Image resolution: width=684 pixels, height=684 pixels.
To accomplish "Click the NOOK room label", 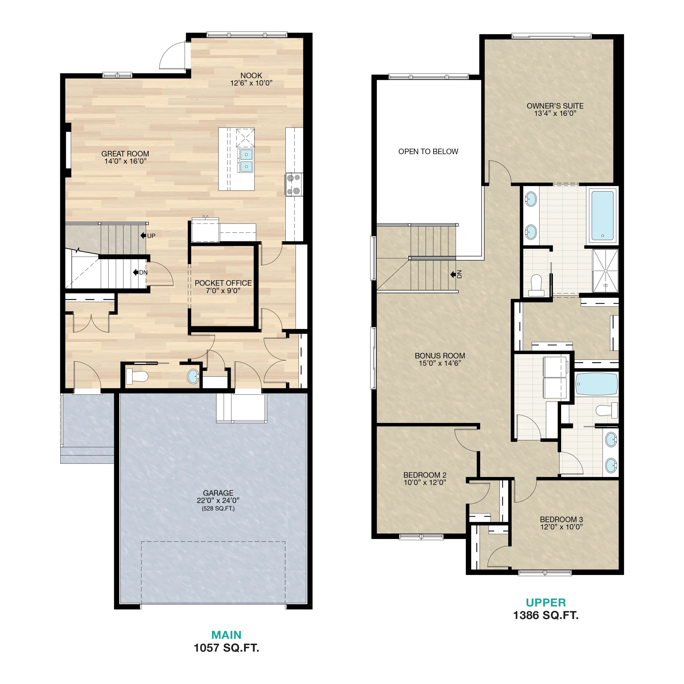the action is pos(251,75).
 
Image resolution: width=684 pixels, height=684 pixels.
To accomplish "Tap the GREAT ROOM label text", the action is pos(125,154).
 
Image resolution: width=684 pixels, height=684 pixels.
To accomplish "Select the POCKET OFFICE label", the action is pos(223,283).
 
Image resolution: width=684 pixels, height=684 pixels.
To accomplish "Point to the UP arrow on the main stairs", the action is pos(143,235).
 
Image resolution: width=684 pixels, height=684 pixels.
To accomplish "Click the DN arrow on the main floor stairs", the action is pos(135,272).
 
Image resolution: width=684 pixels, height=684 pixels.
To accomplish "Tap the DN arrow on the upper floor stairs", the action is pos(453,274).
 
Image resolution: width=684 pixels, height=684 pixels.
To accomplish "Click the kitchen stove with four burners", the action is pos(294,184).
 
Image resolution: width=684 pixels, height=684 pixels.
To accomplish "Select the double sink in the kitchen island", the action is pos(245,160).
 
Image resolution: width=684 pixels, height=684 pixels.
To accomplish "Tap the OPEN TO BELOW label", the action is pos(428,151).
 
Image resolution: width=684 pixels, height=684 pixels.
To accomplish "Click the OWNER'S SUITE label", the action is pos(555,106).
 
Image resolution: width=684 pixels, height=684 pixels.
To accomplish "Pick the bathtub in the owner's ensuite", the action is pos(603,216).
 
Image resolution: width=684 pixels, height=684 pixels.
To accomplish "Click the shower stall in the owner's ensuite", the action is pos(605,271).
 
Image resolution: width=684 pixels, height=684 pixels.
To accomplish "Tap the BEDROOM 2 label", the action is pos(425,475).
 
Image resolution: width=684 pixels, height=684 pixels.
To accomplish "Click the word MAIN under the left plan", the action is pos(227,635).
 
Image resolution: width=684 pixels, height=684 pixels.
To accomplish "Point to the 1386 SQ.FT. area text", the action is pos(546,615).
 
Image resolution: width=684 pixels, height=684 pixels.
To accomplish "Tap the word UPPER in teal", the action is pos(546,603).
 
